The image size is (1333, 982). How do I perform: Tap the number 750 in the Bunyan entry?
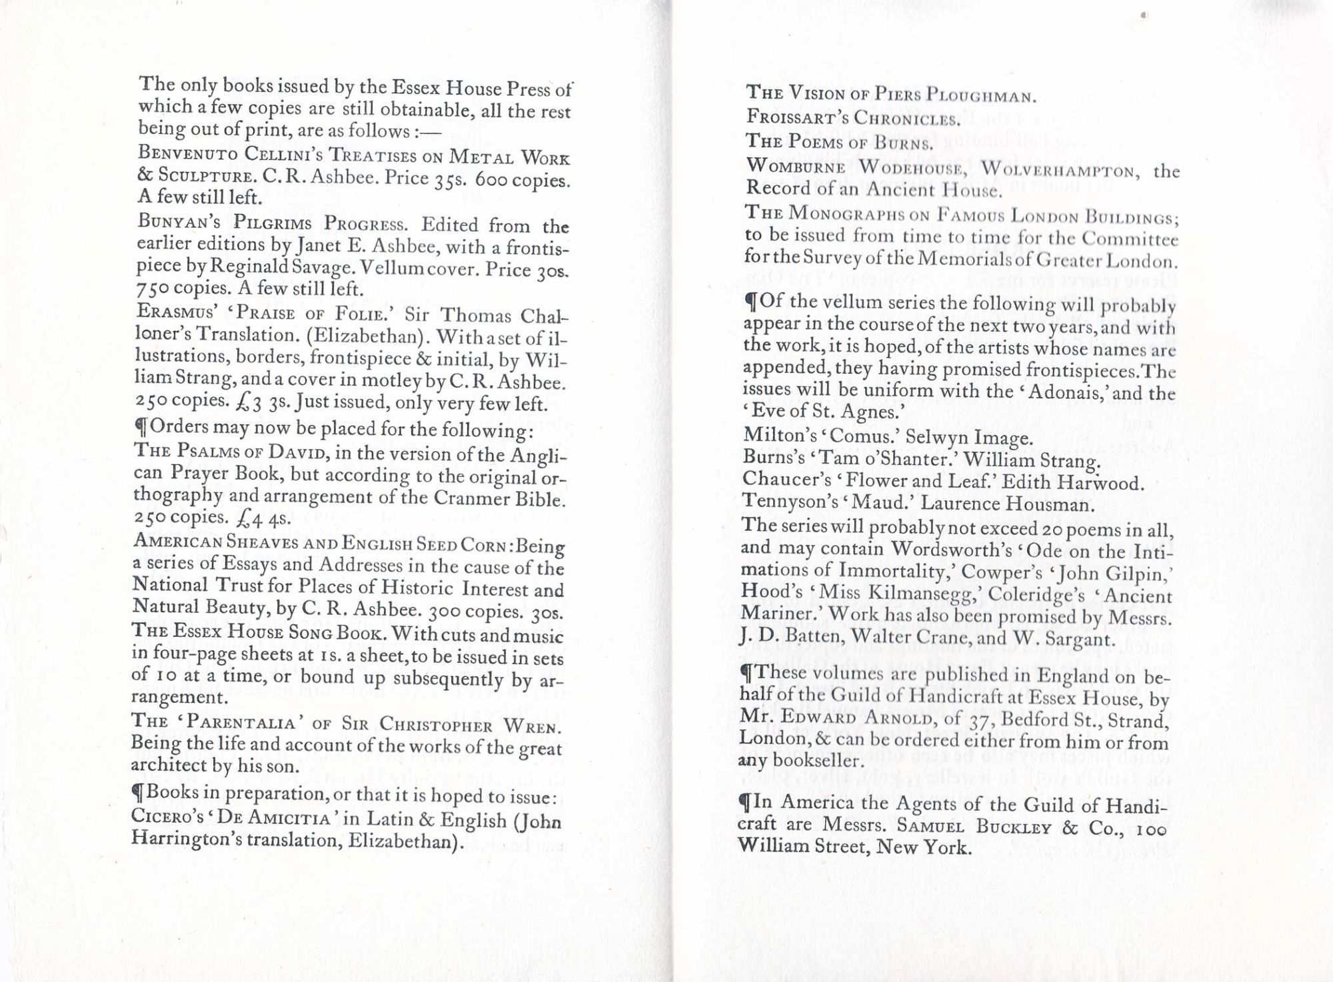click(151, 290)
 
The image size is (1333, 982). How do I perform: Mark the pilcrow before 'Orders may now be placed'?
click(140, 426)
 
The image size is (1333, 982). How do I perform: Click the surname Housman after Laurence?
click(1050, 504)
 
